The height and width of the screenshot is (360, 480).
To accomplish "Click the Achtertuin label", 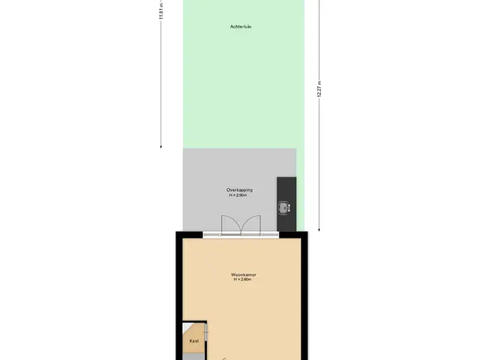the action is [241, 27].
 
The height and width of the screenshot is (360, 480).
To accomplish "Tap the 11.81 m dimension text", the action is [161, 10].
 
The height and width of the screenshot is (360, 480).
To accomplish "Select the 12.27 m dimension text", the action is [319, 89].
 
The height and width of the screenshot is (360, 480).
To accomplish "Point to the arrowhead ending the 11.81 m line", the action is [161, 147].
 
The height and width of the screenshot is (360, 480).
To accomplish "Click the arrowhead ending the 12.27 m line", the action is [319, 229].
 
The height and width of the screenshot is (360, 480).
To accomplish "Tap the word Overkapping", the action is [239, 190].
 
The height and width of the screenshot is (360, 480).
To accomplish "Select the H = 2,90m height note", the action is [238, 195].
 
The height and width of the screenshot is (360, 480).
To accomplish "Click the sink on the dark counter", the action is [284, 208].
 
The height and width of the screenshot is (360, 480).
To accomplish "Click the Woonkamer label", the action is [243, 274].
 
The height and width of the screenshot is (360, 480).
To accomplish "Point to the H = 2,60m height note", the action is [242, 279].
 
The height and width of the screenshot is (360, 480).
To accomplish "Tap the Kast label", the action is [194, 340].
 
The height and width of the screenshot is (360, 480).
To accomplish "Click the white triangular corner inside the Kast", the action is [186, 327].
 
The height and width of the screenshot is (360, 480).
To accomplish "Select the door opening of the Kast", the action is [205, 332].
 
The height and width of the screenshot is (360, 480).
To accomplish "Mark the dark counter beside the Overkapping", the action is [286, 204].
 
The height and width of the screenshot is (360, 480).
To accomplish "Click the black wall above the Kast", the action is [195, 322].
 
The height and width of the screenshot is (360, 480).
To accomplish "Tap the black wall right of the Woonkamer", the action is [304, 295].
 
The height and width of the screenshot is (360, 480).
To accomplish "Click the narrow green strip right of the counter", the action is [300, 190].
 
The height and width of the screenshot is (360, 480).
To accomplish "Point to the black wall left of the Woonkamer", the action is [179, 295].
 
